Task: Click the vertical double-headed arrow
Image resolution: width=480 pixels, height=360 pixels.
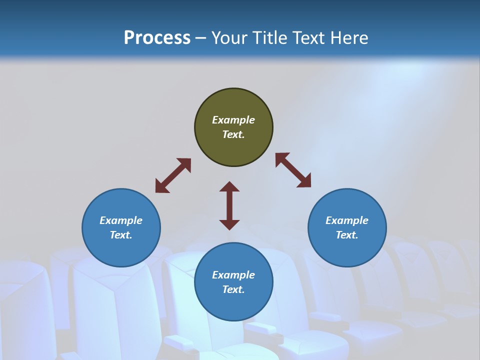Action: pos(229,205)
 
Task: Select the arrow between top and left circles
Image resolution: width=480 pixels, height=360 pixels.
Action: pos(173,175)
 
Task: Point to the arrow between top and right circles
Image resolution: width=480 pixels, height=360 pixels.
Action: pos(293,170)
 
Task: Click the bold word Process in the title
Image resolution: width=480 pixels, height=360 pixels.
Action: pos(157,37)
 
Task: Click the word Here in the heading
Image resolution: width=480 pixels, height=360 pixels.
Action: pos(348,37)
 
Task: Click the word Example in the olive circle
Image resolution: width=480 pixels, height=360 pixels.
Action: pos(233,120)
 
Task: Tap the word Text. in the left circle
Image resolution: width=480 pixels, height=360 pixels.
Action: pos(121,235)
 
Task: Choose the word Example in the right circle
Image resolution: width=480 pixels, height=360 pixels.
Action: pos(347,220)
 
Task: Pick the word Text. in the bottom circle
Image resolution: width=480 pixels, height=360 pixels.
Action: pos(233,289)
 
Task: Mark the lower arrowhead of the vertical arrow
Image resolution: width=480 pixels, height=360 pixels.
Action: pos(229,224)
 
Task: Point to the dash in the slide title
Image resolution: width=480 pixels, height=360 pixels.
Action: pos(201,38)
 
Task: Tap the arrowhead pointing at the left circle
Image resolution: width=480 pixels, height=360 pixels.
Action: pos(161,186)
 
